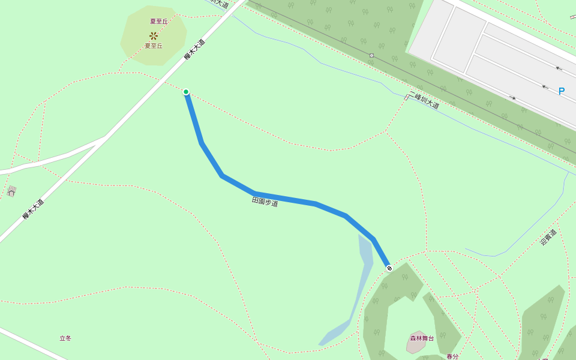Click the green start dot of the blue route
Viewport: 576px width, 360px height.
(x=186, y=92)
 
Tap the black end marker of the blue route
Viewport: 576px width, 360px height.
(x=389, y=268)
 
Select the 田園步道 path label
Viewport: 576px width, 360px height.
(x=265, y=202)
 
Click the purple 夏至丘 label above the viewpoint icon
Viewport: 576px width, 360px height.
(x=159, y=22)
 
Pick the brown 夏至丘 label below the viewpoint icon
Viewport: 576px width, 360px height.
(x=154, y=46)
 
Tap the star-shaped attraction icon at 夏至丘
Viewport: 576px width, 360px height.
(x=154, y=35)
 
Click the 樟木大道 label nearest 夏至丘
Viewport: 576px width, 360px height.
(x=194, y=49)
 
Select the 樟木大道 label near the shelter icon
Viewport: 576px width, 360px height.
(x=34, y=209)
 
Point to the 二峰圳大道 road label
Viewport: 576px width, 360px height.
(x=425, y=100)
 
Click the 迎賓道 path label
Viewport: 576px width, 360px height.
(x=548, y=237)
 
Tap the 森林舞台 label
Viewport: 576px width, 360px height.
(x=422, y=338)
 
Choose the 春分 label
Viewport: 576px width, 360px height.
(x=452, y=356)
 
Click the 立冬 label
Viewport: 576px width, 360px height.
(x=65, y=338)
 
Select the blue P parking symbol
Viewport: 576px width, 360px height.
(x=562, y=91)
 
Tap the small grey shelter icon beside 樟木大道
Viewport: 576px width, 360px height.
(x=11, y=192)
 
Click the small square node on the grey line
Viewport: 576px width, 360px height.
(x=371, y=55)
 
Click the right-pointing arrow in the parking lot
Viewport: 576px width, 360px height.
(x=512, y=98)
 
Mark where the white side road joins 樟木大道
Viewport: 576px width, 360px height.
(x=106, y=138)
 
